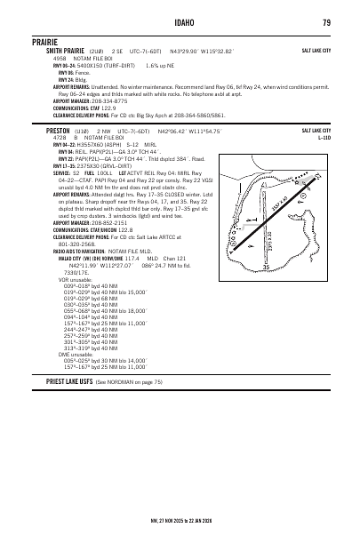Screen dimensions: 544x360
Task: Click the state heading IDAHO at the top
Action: tap(179, 22)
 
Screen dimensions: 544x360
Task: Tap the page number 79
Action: tap(327, 22)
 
